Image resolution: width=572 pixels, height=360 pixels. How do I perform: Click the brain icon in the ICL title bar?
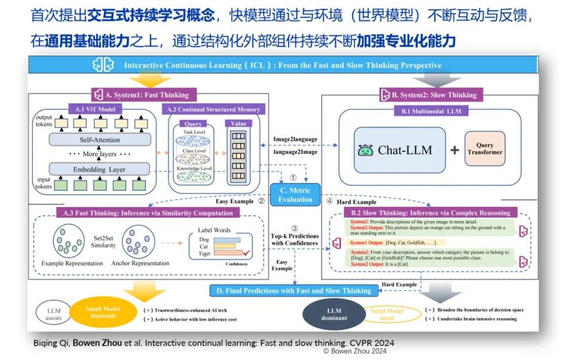(x=103, y=65)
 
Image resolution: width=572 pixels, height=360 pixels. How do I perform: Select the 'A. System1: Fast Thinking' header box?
(x=140, y=94)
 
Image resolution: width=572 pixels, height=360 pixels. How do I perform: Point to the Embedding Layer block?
(x=99, y=169)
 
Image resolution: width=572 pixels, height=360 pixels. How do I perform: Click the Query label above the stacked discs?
(x=192, y=124)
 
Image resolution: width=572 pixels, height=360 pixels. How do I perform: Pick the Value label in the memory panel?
(x=238, y=124)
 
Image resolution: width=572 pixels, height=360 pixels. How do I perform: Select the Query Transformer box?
(x=485, y=149)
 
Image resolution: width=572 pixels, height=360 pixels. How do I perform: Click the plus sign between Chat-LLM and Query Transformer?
(x=454, y=150)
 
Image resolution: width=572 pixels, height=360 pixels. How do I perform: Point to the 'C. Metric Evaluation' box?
(x=295, y=195)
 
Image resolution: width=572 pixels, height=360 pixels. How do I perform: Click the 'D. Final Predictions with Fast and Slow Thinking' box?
(x=293, y=291)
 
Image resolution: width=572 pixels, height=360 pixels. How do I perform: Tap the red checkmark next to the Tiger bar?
(x=245, y=254)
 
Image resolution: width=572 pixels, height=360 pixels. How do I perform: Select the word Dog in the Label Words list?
(x=204, y=239)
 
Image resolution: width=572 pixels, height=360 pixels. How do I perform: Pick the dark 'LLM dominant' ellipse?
(x=334, y=314)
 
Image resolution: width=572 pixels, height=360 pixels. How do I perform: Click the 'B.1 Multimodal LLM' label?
(x=430, y=111)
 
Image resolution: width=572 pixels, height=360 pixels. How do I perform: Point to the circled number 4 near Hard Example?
(x=329, y=202)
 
